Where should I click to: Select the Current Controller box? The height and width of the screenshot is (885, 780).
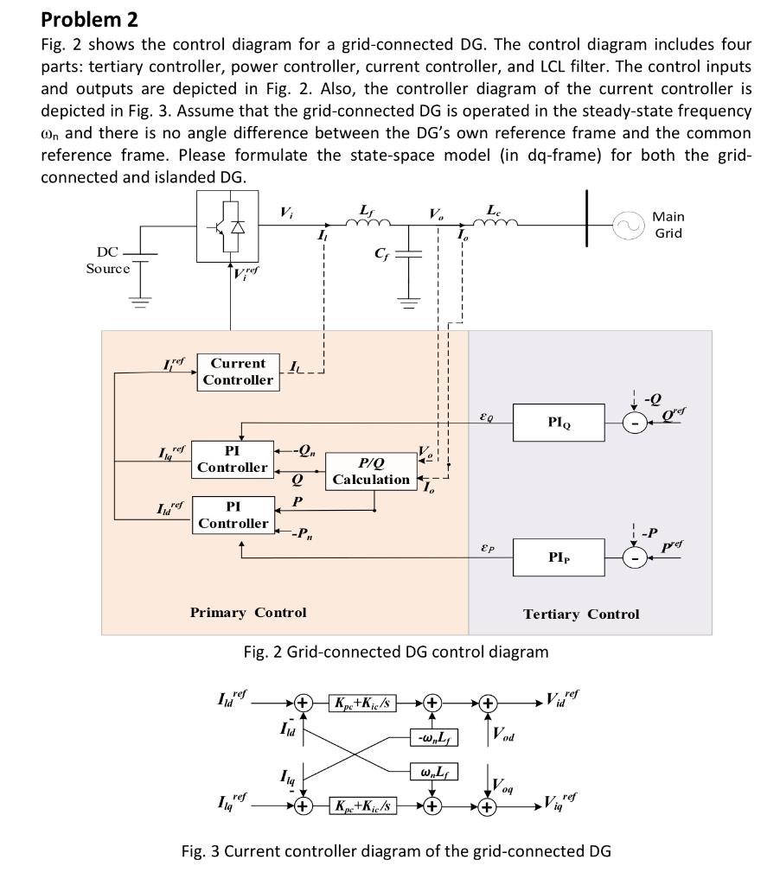[x=238, y=372]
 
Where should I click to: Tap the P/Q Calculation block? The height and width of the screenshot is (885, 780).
[x=371, y=471]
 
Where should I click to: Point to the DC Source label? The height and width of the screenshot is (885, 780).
[x=108, y=260]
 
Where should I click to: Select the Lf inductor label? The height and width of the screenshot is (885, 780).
[x=367, y=210]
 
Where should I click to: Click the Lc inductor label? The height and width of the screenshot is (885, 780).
[x=493, y=210]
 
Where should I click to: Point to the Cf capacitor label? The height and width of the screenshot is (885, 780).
[x=381, y=254]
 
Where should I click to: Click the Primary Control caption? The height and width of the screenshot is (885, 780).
[x=248, y=613]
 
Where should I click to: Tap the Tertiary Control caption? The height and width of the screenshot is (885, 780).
[x=581, y=614]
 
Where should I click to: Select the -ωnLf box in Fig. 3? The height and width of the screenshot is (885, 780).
[x=432, y=736]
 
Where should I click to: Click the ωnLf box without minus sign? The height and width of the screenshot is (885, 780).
[x=432, y=771]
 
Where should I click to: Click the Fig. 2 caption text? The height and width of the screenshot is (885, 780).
[x=395, y=652]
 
